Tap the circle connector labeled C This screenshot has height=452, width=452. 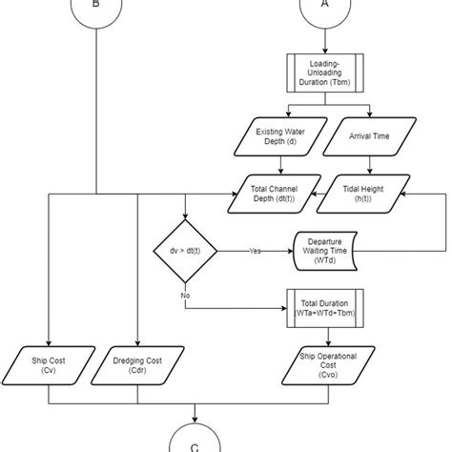(x=196, y=441)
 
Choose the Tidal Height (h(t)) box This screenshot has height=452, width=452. (x=365, y=195)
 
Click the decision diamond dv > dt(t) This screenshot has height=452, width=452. (x=186, y=252)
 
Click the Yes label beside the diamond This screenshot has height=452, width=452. (x=256, y=252)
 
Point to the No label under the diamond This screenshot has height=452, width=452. (x=186, y=297)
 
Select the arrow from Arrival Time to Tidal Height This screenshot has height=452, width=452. (x=365, y=165)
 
